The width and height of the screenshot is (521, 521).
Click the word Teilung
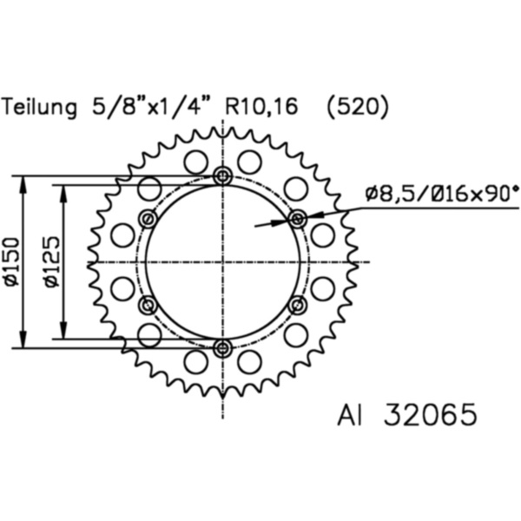point(40,108)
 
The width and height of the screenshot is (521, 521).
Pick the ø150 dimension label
point(10,261)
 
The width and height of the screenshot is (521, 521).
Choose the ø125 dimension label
point(49,261)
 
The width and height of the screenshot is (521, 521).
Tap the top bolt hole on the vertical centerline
point(223,176)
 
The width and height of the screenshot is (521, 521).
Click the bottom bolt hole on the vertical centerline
point(223,348)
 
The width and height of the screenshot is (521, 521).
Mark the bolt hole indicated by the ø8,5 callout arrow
point(298,218)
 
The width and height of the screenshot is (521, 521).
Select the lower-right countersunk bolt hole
point(298,305)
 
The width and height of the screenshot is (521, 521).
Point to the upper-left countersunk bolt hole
point(148,218)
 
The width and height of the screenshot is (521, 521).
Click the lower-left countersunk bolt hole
point(148,305)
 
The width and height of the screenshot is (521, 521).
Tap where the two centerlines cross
point(223,261)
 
